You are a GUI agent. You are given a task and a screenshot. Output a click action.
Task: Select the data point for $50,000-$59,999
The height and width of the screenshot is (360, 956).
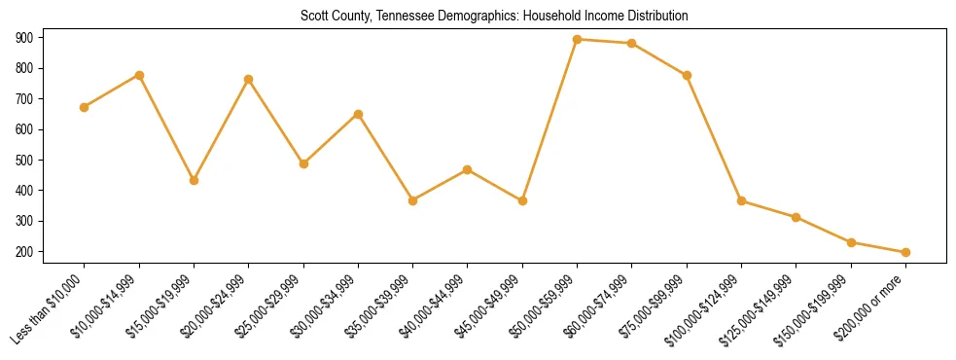(x=578, y=40)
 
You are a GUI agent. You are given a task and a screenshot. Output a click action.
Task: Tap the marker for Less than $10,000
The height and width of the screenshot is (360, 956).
(x=85, y=107)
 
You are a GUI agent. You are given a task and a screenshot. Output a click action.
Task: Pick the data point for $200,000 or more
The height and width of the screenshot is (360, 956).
(x=905, y=252)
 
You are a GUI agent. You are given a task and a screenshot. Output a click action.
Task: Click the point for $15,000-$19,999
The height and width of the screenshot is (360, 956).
(x=195, y=180)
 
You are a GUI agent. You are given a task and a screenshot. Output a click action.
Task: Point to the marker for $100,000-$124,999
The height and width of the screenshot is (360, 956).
(x=742, y=201)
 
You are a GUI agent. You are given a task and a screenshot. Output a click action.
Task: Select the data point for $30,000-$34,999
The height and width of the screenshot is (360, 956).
(x=359, y=114)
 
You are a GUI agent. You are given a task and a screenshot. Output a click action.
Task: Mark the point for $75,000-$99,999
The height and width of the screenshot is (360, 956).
(x=688, y=76)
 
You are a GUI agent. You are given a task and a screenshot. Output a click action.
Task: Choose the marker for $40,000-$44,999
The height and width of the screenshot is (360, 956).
(x=468, y=169)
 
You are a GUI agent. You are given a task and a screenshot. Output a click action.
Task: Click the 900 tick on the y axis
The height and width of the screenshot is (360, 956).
(x=24, y=38)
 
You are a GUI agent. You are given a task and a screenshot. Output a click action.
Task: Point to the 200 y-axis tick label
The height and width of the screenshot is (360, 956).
(x=24, y=252)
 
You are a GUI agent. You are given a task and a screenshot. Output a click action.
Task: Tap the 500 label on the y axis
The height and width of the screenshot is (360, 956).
(x=24, y=161)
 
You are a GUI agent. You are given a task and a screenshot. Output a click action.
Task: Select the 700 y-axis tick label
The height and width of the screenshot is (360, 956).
(x=24, y=99)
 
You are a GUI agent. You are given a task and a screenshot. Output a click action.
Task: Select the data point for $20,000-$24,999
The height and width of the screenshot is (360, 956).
(x=249, y=79)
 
